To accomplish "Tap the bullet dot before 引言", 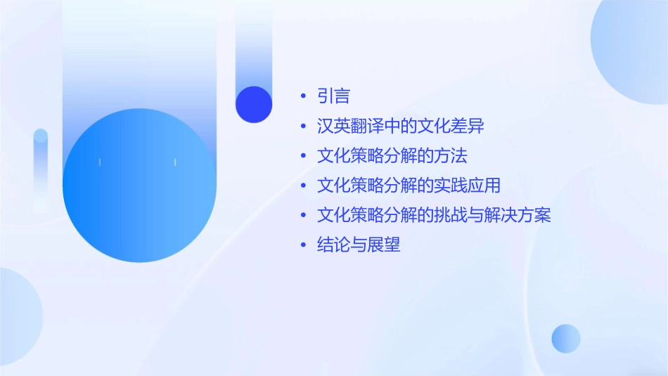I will pos(303,96).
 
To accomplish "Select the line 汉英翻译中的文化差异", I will pos(401,127).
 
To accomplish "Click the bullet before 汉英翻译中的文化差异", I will pos(303,127).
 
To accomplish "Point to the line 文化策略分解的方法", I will pos(392,156).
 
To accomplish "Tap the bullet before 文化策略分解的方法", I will pos(303,156).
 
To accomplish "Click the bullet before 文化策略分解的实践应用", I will pos(303,186).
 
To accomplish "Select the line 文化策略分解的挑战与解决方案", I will pos(434,215).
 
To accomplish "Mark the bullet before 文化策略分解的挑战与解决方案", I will pos(303,215).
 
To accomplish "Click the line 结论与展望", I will pos(359,245).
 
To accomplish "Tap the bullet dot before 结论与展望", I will pos(303,245).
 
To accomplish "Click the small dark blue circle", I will pos(254,104).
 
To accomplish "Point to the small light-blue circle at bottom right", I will pos(566,338).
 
